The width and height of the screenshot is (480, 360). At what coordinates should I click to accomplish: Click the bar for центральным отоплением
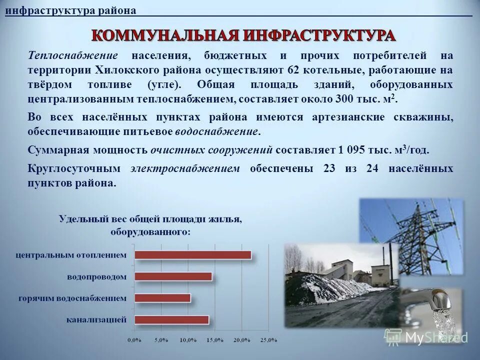(x=193, y=255)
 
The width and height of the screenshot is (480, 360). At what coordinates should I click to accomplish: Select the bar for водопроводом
(x=173, y=276)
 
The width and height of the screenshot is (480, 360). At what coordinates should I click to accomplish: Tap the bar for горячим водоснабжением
(x=163, y=298)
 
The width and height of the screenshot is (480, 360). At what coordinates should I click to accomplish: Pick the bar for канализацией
(x=172, y=319)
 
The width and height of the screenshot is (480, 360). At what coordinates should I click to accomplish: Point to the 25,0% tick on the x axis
(x=268, y=340)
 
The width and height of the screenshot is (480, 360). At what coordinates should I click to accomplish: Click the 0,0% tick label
(x=133, y=340)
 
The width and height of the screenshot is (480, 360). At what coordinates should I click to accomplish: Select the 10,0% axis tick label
(x=187, y=340)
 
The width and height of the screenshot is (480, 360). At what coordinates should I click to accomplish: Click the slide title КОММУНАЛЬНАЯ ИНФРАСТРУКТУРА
(x=244, y=35)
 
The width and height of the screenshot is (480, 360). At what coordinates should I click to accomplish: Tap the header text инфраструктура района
(x=70, y=10)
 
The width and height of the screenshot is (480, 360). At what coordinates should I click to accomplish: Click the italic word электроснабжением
(x=185, y=168)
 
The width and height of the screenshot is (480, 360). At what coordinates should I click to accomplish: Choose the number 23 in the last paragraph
(x=329, y=168)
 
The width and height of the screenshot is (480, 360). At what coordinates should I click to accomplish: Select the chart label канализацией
(x=96, y=319)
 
